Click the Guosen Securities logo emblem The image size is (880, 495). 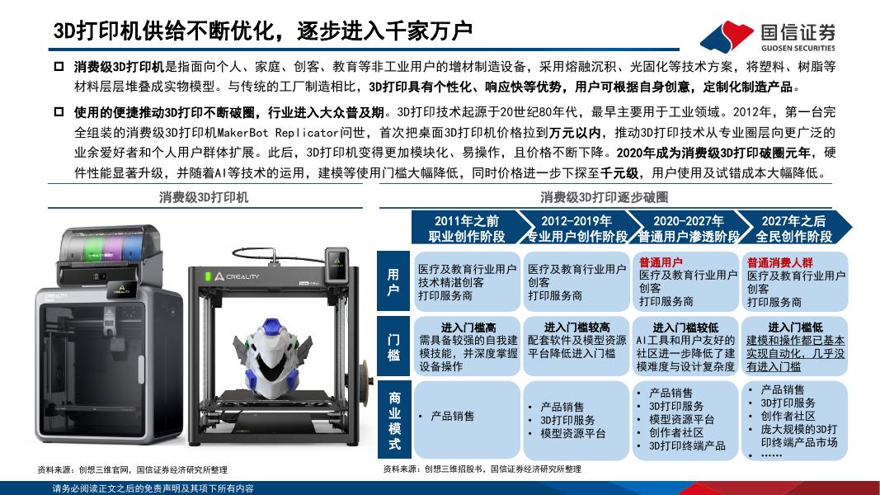[x=727, y=36]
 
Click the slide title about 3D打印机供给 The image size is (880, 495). [x=263, y=31]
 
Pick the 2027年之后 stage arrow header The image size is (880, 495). [x=793, y=228]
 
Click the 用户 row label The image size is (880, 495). [x=393, y=281]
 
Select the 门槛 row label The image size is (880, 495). [x=393, y=346]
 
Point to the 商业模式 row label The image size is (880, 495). [x=394, y=421]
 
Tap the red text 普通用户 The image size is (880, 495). [x=661, y=262]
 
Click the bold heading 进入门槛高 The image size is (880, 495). [x=468, y=328]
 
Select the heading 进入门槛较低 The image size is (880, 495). [x=685, y=328]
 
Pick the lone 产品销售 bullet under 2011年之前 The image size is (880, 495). [x=452, y=416]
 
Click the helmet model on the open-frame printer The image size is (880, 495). [x=271, y=358]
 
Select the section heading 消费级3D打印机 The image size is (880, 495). [x=204, y=197]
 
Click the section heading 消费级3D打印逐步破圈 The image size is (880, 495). [x=605, y=197]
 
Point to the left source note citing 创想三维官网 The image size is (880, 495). [x=132, y=469]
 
